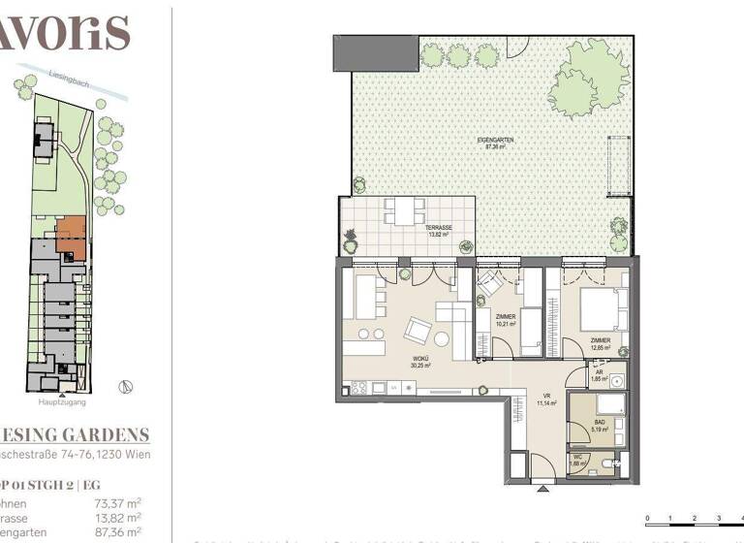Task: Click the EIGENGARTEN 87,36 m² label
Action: click(x=495, y=144)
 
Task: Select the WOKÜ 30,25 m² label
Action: click(x=419, y=363)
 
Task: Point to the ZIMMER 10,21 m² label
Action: click(x=505, y=321)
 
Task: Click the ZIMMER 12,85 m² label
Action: click(x=601, y=344)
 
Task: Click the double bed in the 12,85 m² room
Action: click(x=603, y=310)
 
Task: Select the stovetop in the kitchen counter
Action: click(x=356, y=388)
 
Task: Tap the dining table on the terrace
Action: click(x=404, y=209)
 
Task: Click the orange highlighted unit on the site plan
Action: click(x=71, y=236)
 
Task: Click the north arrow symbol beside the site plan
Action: click(x=125, y=387)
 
